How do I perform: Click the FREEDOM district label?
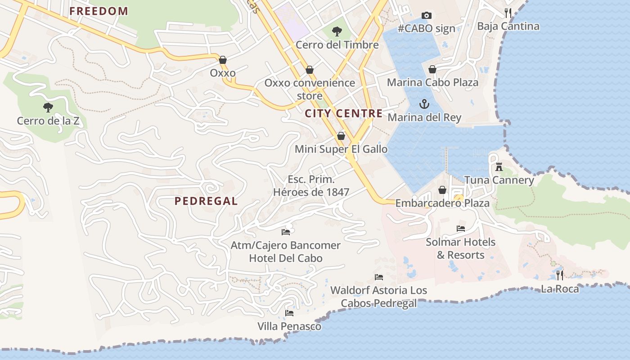pyautogui.click(x=99, y=11)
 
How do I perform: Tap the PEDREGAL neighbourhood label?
pyautogui.click(x=206, y=201)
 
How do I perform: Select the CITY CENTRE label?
pyautogui.click(x=344, y=113)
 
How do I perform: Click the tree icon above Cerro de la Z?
pyautogui.click(x=48, y=108)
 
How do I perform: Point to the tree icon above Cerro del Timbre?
pyautogui.click(x=336, y=31)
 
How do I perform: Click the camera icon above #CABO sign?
pyautogui.click(x=427, y=16)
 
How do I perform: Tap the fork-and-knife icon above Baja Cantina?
pyautogui.click(x=508, y=13)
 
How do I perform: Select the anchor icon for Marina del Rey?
pyautogui.click(x=424, y=104)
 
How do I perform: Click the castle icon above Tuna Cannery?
pyautogui.click(x=499, y=167)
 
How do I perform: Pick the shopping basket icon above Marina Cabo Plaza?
pyautogui.click(x=432, y=69)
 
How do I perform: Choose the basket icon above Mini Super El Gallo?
pyautogui.click(x=341, y=136)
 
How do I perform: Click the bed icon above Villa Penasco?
pyautogui.click(x=289, y=313)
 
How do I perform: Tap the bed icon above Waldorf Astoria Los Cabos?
pyautogui.click(x=379, y=277)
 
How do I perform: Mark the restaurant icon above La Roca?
pyautogui.click(x=560, y=275)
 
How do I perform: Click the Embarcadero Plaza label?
pyautogui.click(x=442, y=203)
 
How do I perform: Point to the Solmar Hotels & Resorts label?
pyautogui.click(x=460, y=248)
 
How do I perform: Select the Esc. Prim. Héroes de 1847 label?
pyautogui.click(x=311, y=186)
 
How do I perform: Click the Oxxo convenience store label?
pyautogui.click(x=310, y=89)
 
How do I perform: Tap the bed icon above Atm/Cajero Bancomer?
pyautogui.click(x=286, y=232)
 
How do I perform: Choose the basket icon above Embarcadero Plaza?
pyautogui.click(x=442, y=190)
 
